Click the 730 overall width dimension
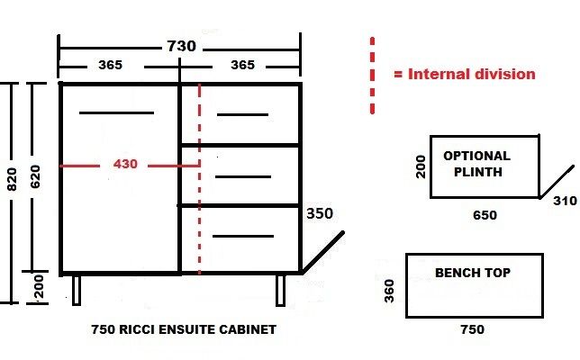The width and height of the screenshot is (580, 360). tap(181, 46)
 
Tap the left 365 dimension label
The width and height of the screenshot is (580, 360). tap(110, 65)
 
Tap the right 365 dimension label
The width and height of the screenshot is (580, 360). tap(242, 65)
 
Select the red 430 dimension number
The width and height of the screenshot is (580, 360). tap(125, 164)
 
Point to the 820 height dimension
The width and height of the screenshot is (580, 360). tap(13, 179)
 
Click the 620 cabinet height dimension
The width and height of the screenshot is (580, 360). tap(35, 176)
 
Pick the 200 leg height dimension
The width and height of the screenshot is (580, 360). tap(39, 286)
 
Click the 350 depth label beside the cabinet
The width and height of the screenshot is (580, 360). tap(320, 213)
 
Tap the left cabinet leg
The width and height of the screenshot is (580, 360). tap(77, 291)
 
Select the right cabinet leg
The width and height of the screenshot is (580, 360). tap(281, 291)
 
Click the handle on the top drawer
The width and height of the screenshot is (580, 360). tap(242, 115)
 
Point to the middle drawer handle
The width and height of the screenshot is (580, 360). tap(243, 177)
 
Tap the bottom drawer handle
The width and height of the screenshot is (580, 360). tap(243, 236)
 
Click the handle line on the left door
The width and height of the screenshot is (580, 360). tap(116, 112)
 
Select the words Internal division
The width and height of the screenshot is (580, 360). tap(472, 75)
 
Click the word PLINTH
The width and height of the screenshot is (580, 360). tap(478, 172)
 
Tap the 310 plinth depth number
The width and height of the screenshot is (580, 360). tap(565, 201)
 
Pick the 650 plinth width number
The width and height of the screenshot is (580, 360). tap(485, 215)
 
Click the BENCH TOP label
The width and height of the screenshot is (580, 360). tap(473, 273)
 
